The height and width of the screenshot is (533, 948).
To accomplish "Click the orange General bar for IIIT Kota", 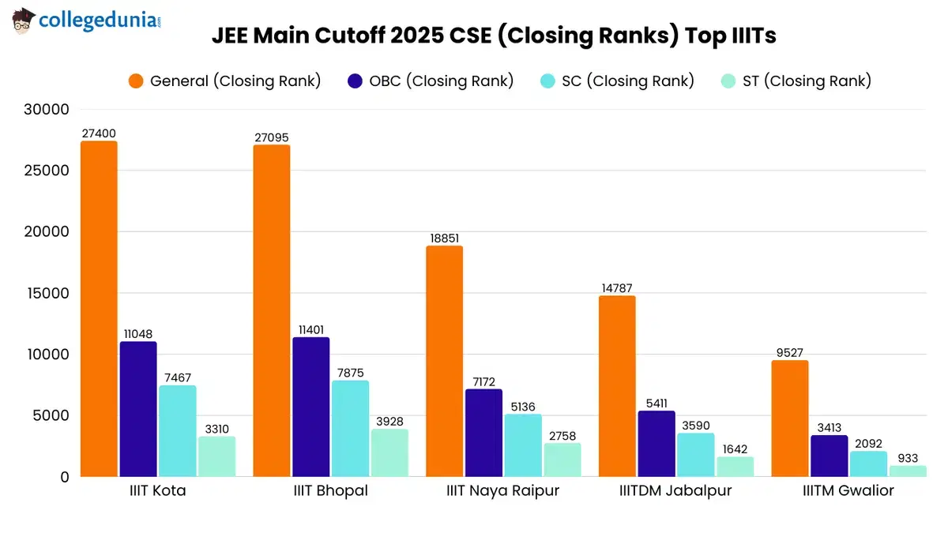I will tap(99, 309).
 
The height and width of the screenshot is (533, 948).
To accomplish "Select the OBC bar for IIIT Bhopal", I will tap(310, 407).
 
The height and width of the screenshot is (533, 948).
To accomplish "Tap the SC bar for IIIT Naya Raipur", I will tap(523, 445).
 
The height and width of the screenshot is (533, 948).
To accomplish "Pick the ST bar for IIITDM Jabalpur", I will tap(735, 467).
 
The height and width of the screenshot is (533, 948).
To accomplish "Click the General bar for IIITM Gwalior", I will tap(789, 419).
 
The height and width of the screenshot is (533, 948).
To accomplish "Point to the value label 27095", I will tap(272, 138).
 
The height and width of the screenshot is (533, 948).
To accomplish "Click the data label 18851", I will tap(444, 238).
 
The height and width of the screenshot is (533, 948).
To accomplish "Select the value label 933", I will tap(908, 458).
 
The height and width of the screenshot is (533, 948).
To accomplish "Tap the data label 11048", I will tap(138, 334).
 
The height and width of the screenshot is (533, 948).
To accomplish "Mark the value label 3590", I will tap(695, 426).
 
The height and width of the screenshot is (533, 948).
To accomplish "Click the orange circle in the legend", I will tap(136, 81).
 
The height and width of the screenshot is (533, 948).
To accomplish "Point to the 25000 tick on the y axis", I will tap(48, 171).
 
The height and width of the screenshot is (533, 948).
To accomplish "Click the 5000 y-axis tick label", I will tap(52, 416).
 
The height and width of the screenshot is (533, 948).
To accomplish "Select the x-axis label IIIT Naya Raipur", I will tap(502, 491).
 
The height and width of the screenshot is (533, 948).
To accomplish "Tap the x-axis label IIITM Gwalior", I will tap(848, 491).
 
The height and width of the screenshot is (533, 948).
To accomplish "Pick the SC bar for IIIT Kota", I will tap(178, 431).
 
